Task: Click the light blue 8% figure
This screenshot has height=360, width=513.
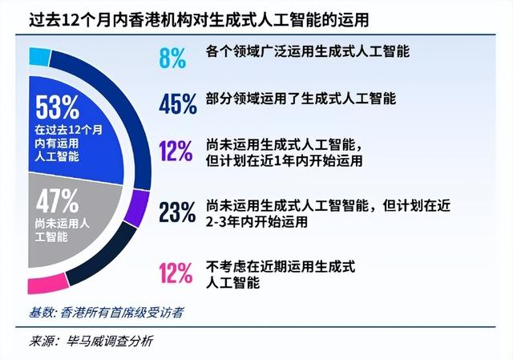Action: click(173, 58)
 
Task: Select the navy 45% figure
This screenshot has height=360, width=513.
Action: click(178, 103)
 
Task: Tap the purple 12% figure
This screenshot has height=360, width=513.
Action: click(176, 151)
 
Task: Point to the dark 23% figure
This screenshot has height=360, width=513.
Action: click(177, 212)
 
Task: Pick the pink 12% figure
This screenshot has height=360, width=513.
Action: click(176, 273)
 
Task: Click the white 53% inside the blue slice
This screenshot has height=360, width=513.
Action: click(58, 107)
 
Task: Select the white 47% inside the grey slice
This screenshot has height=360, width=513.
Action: click(58, 201)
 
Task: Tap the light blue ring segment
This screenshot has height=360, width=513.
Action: click(39, 57)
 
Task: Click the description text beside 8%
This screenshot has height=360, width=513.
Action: click(307, 51)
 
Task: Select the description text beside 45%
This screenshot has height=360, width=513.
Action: click(301, 99)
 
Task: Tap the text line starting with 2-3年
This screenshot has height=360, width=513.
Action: click(256, 222)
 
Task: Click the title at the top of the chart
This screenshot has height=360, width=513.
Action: click(199, 20)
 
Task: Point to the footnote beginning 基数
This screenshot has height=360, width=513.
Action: click(106, 313)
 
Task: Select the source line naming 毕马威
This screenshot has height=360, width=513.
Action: click(91, 342)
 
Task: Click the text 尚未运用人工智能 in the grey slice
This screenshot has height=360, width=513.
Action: click(63, 230)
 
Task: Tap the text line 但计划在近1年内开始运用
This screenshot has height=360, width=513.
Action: click(284, 161)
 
